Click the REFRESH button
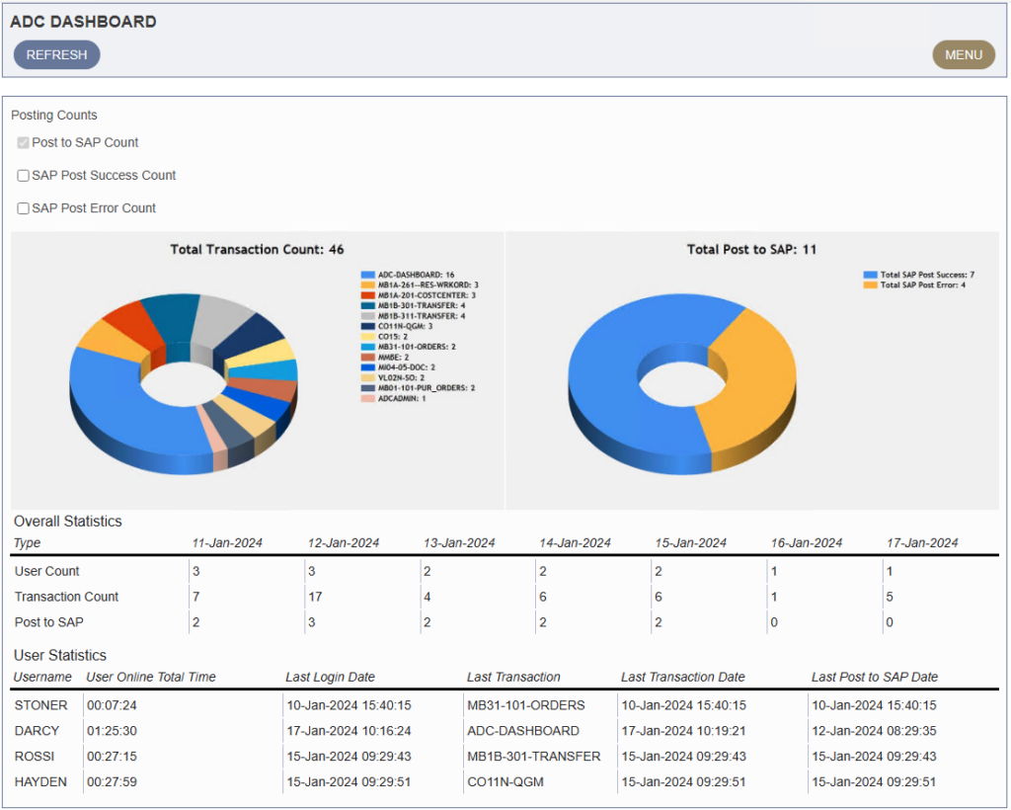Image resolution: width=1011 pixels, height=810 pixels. click(56, 55)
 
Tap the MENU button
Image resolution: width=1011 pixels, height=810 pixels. click(963, 55)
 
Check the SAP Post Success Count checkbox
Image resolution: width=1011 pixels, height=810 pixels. click(23, 176)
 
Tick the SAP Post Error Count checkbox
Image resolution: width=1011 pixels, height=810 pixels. click(23, 208)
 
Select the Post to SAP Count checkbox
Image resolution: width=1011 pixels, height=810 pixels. click(23, 143)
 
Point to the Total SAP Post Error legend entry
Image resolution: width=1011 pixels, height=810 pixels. click(922, 284)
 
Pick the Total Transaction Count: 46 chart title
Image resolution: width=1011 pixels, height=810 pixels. click(257, 250)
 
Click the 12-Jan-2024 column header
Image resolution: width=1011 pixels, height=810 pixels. click(344, 543)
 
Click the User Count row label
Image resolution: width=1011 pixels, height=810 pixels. click(47, 571)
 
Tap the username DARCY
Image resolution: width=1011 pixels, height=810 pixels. click(37, 731)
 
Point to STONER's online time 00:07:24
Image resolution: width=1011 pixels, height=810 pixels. click(112, 705)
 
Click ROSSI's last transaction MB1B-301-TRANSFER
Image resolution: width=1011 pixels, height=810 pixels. click(534, 757)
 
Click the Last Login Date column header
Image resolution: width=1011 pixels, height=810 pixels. click(330, 678)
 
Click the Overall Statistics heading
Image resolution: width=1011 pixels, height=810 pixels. click(67, 522)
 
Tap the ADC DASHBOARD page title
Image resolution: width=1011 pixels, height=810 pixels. click(83, 22)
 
